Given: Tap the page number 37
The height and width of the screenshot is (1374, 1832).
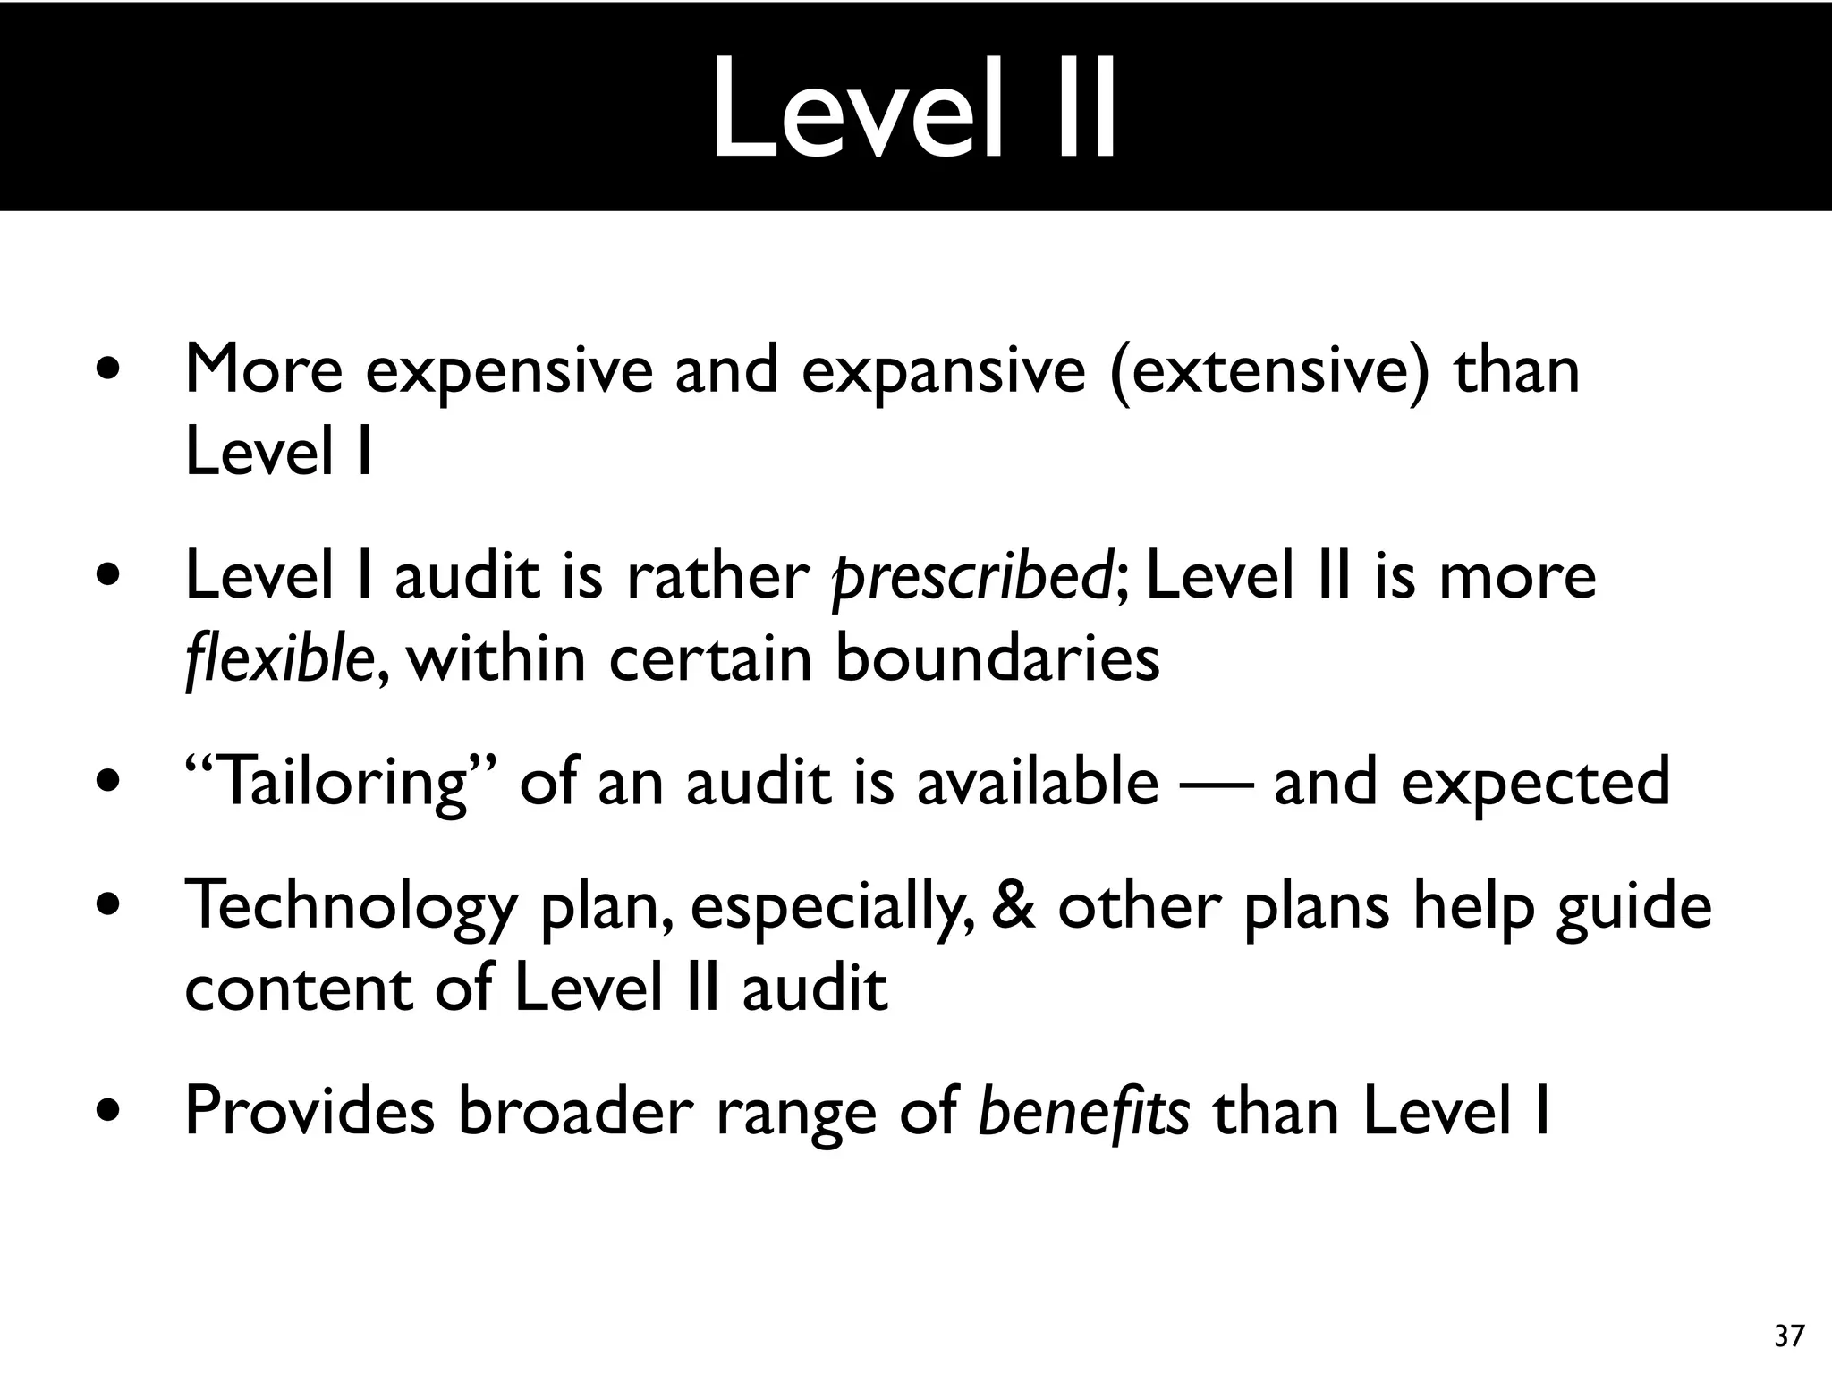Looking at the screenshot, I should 1789,1336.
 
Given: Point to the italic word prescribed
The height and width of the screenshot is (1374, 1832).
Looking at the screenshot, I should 971,577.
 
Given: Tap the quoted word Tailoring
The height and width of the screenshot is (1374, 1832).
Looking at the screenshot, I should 341,782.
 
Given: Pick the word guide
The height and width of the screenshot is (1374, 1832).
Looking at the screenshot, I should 1633,906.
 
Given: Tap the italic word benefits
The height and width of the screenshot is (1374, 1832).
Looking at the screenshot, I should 1084,1112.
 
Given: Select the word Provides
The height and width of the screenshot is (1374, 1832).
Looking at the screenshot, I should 310,1112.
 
